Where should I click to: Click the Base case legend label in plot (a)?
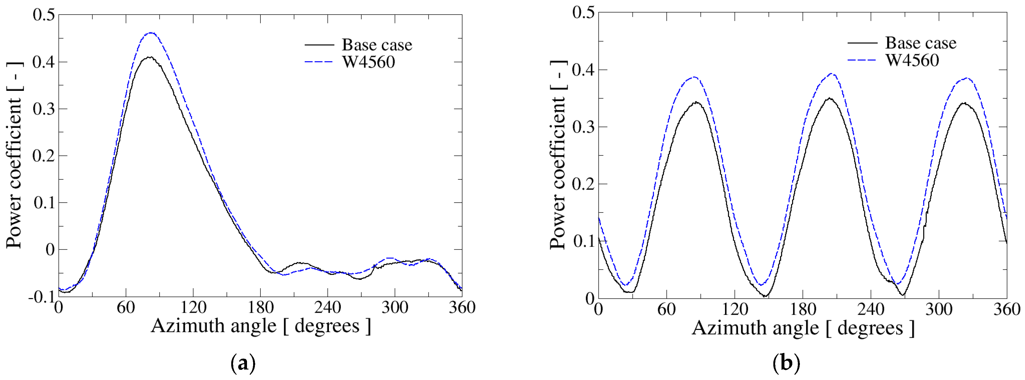[376, 45]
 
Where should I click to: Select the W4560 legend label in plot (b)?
[912, 60]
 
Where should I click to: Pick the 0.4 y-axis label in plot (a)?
[43, 62]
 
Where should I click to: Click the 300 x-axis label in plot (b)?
[939, 309]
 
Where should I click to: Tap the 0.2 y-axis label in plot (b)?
[583, 184]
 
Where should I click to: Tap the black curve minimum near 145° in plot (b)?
[765, 296]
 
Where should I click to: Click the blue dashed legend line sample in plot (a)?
[319, 62]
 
